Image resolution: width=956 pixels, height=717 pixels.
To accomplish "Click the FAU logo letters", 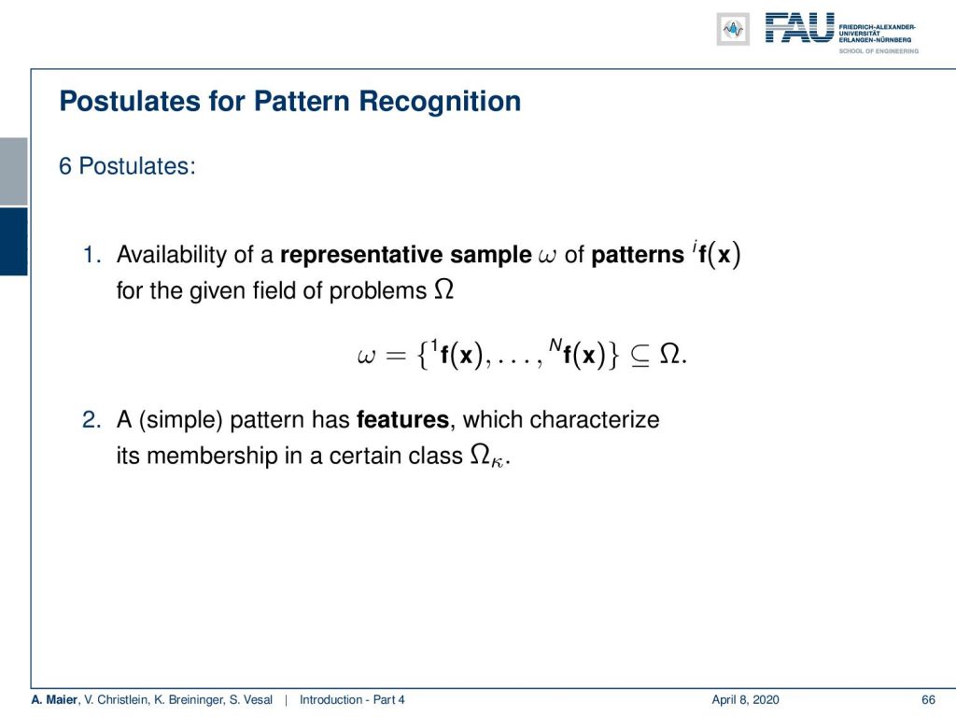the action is pyautogui.click(x=799, y=28).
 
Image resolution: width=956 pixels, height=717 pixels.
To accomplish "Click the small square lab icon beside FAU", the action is pyautogui.click(x=733, y=29).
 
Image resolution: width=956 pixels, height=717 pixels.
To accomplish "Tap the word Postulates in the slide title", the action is pyautogui.click(x=130, y=101).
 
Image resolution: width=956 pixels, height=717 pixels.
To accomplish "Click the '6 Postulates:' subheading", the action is pyautogui.click(x=127, y=166).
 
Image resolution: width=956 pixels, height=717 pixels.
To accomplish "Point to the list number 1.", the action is pyautogui.click(x=91, y=255).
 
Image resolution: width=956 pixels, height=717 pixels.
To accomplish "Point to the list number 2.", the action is pyautogui.click(x=91, y=419).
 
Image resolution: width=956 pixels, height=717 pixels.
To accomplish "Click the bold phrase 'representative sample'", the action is pyautogui.click(x=405, y=255).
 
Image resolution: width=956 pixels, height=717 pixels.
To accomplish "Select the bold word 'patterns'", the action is pyautogui.click(x=637, y=256).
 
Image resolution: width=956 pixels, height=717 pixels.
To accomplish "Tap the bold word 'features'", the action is pyautogui.click(x=402, y=419).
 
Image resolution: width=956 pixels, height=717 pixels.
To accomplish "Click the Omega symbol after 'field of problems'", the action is pyautogui.click(x=443, y=289).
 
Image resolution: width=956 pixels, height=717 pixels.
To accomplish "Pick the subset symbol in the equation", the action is pyautogui.click(x=640, y=356).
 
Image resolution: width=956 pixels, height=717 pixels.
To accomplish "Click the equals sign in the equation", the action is pyautogui.click(x=395, y=356).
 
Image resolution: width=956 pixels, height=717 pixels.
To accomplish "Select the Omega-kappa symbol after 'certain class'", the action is pyautogui.click(x=486, y=456).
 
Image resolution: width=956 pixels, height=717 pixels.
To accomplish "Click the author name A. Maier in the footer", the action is pyautogui.click(x=55, y=699).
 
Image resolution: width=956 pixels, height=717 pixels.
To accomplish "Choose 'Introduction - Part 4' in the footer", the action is pyautogui.click(x=352, y=699).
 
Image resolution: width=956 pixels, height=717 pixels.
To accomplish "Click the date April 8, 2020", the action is pyautogui.click(x=745, y=700).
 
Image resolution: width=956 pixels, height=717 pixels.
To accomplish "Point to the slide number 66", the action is pyautogui.click(x=928, y=699).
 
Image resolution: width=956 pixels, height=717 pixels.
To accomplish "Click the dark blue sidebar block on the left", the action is pyautogui.click(x=13, y=242).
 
